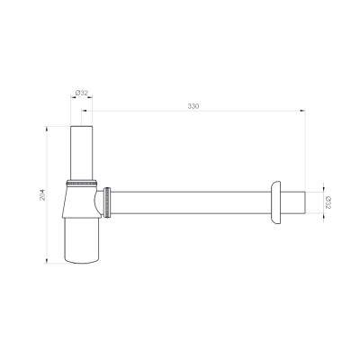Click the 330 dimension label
click(x=193, y=106)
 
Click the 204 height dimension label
click(x=42, y=194)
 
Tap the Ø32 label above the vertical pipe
click(x=82, y=93)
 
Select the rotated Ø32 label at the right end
click(x=328, y=202)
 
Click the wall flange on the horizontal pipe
click(x=275, y=202)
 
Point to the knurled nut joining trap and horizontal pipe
click(x=107, y=202)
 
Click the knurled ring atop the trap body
click(x=82, y=182)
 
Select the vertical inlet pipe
click(x=82, y=153)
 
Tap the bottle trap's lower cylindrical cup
click(x=82, y=240)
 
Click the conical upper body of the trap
click(x=80, y=201)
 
